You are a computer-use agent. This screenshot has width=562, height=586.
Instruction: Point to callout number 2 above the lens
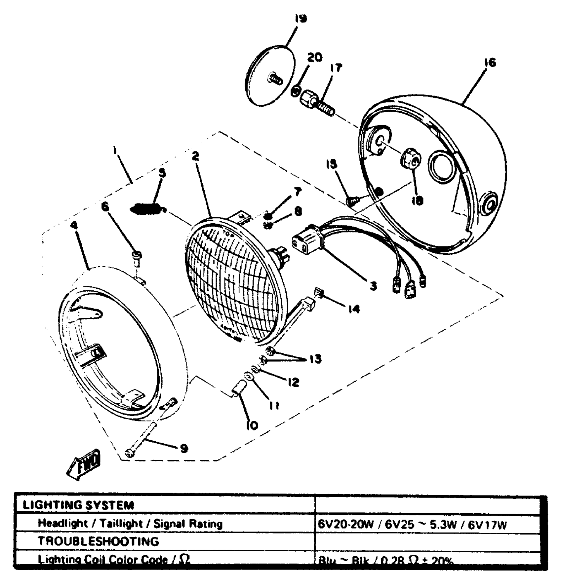tap(196, 156)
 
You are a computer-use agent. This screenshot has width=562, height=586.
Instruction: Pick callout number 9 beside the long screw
tap(183, 448)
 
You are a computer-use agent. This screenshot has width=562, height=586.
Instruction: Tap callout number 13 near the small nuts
tap(316, 359)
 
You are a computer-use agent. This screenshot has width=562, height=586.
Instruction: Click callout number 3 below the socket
tap(373, 285)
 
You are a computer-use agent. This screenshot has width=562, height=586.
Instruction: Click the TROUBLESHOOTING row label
tap(98, 541)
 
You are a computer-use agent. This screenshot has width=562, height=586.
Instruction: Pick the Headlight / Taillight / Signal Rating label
tap(130, 524)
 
